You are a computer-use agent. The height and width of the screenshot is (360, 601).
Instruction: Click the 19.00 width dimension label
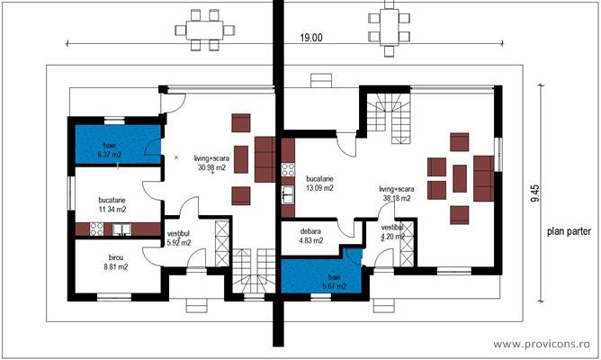click(312, 38)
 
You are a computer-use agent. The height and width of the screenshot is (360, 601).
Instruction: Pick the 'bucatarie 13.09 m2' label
click(319, 184)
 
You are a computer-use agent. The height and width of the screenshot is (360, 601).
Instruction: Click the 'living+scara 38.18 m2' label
click(396, 193)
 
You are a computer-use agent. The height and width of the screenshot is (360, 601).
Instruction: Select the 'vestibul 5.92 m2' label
click(181, 238)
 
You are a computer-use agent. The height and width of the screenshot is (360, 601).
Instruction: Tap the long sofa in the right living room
click(483, 177)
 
